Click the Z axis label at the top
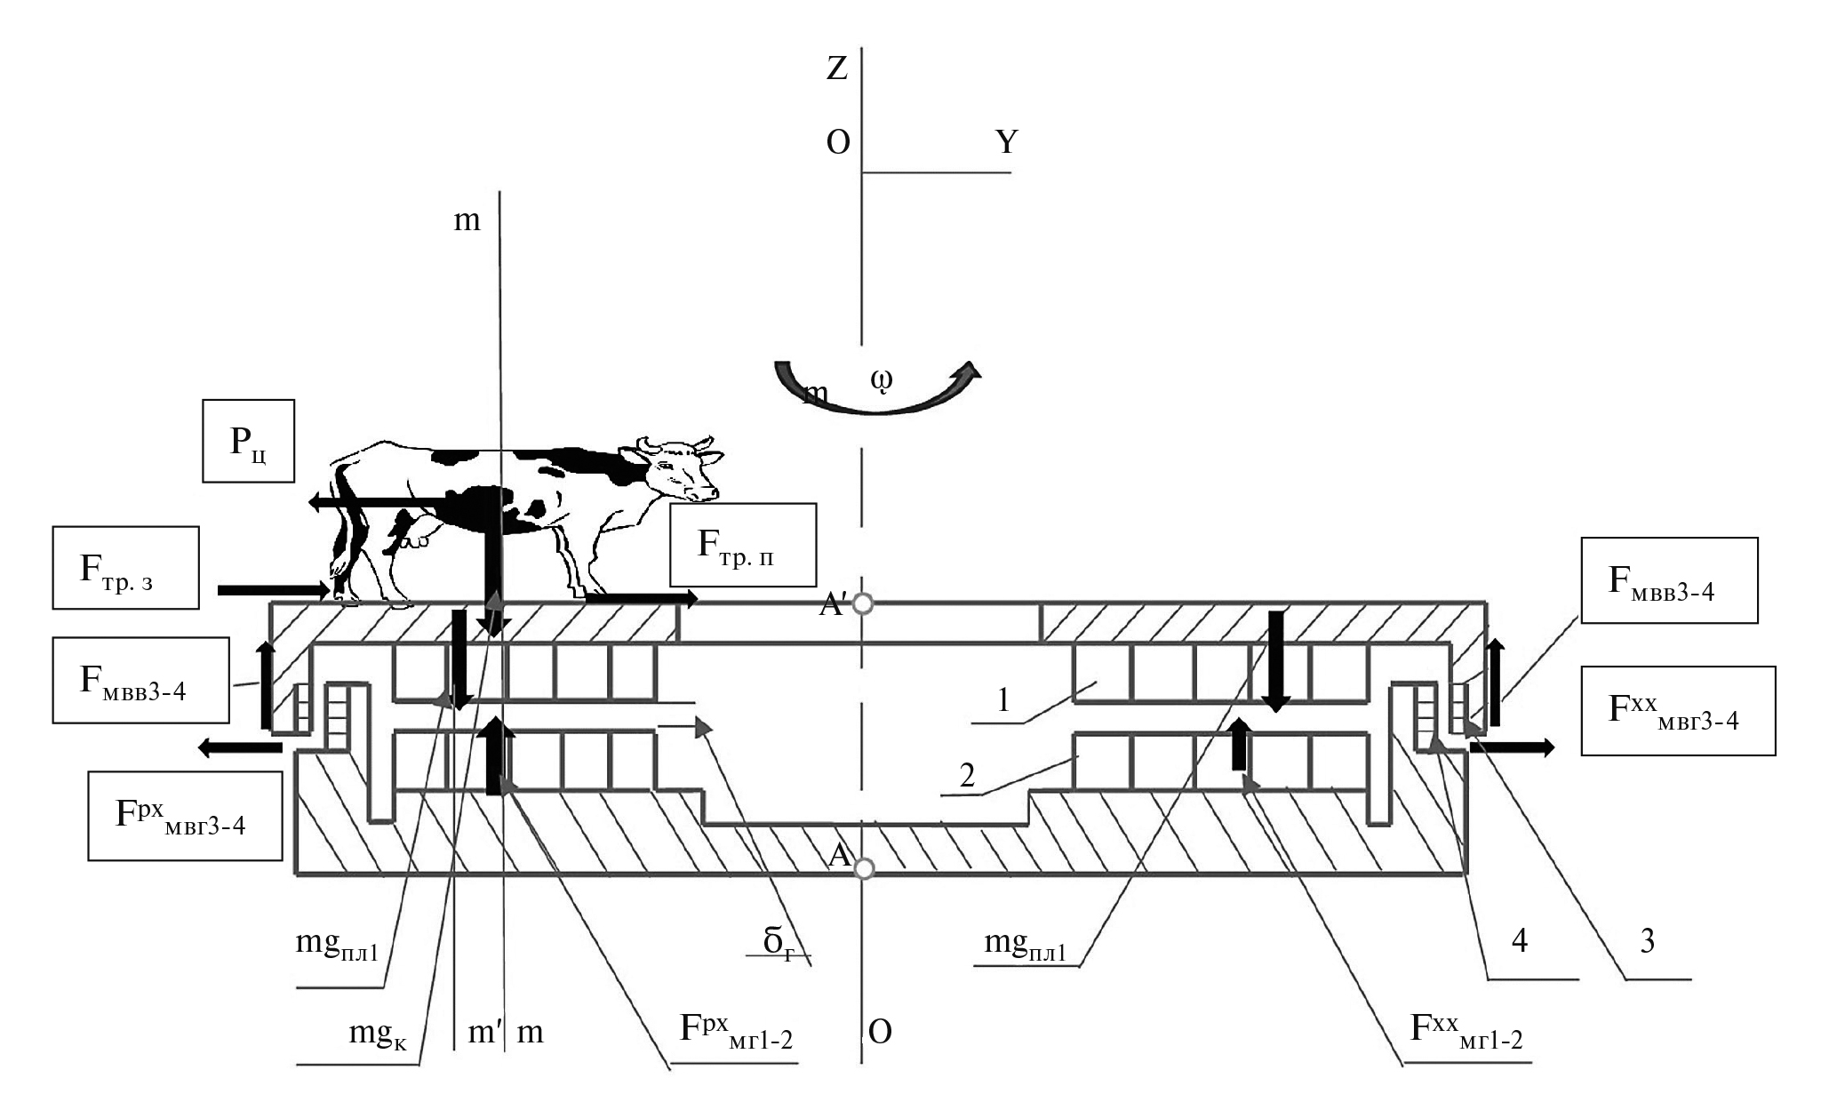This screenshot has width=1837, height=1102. [837, 68]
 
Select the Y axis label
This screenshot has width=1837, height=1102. [1006, 142]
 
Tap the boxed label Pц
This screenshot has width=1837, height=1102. [248, 441]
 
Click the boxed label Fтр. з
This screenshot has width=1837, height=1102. [125, 568]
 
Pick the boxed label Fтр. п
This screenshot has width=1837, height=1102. [742, 545]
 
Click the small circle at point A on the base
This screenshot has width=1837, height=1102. [862, 866]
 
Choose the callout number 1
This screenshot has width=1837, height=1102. [1002, 701]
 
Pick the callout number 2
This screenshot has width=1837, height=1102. [968, 776]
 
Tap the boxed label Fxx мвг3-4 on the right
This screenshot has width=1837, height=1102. [1677, 711]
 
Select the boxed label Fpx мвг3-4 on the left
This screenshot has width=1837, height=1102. [184, 816]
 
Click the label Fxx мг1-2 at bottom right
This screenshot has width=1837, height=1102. [1466, 1031]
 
